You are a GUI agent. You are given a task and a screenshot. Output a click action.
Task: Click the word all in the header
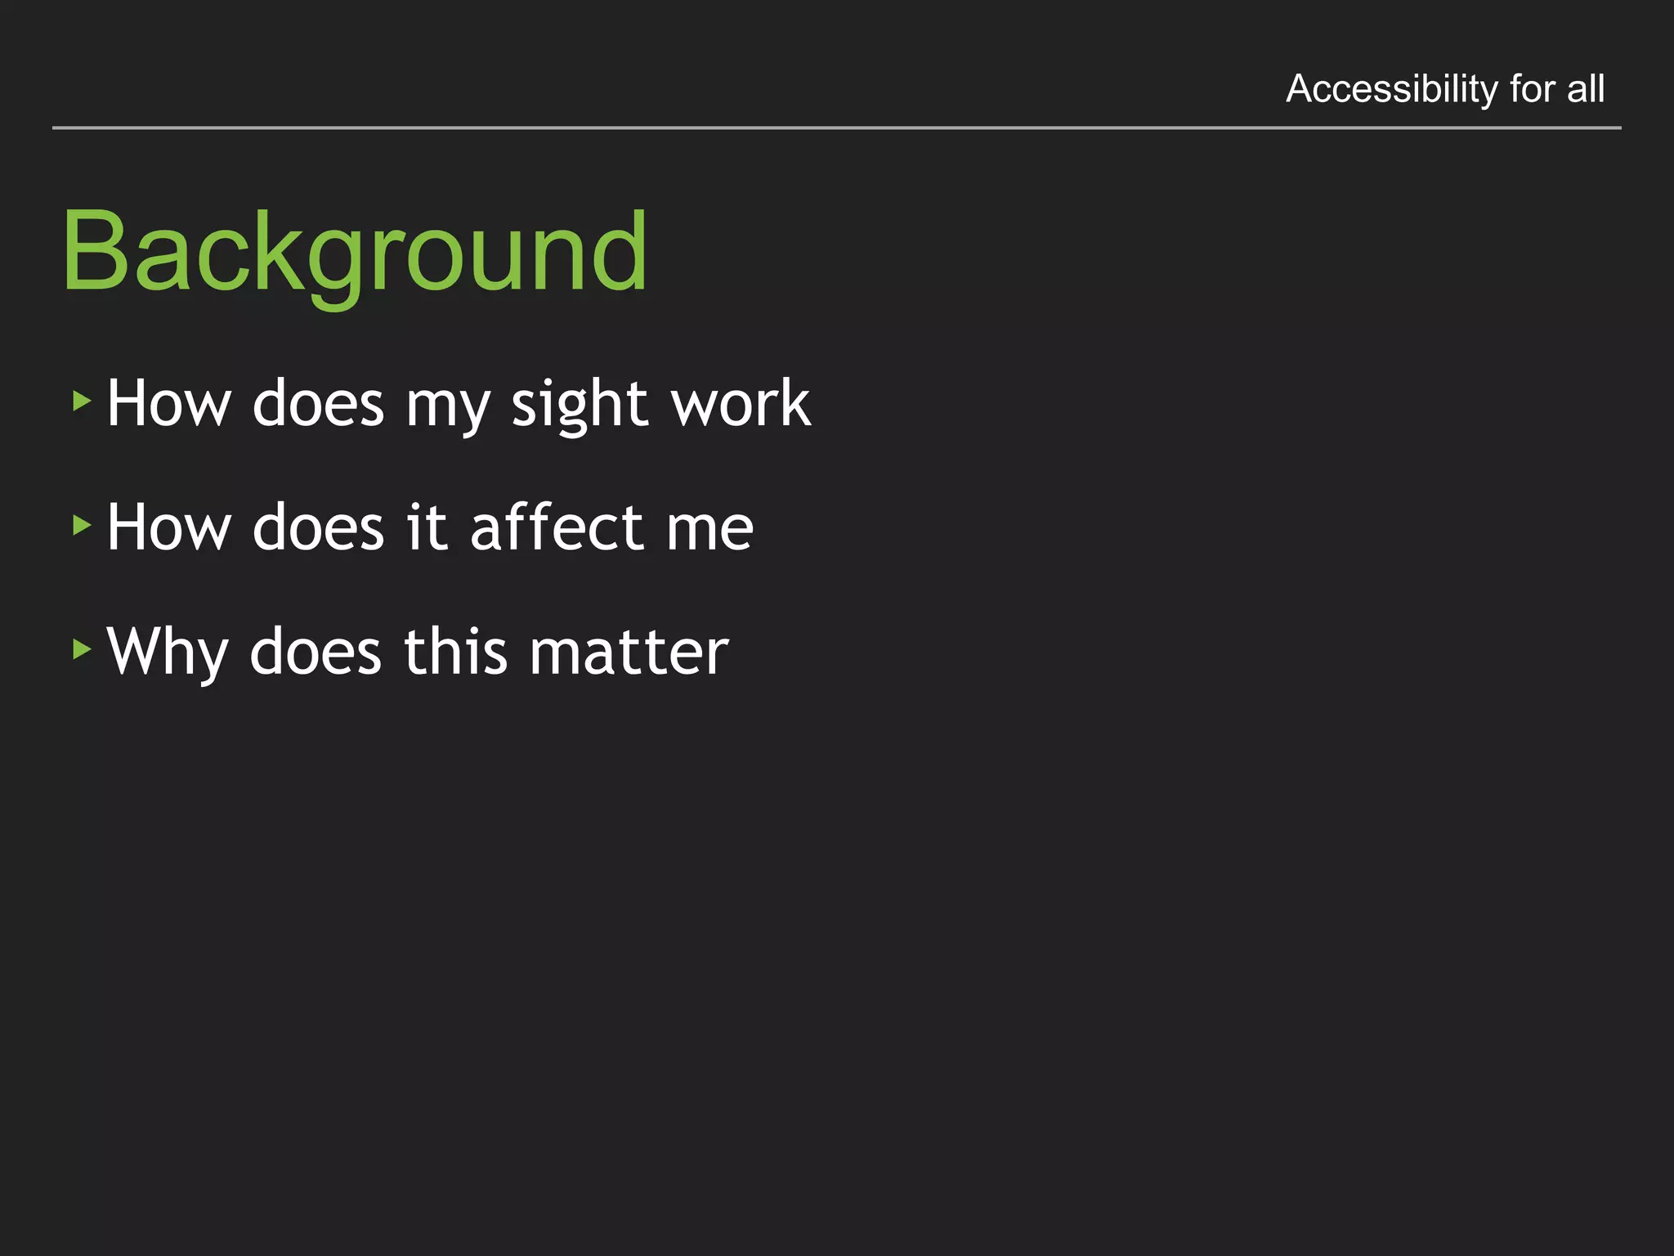tap(1586, 88)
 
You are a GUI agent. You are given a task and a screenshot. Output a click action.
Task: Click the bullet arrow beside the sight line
tap(81, 401)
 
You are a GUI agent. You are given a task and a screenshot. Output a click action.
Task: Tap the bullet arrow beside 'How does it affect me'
tap(81, 525)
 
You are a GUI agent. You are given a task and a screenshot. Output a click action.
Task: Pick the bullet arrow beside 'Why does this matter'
tap(81, 649)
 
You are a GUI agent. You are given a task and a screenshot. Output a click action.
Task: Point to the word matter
tap(629, 653)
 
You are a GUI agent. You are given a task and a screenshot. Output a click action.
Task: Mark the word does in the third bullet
tap(316, 652)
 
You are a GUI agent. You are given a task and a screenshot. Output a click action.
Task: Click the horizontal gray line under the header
tap(837, 128)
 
